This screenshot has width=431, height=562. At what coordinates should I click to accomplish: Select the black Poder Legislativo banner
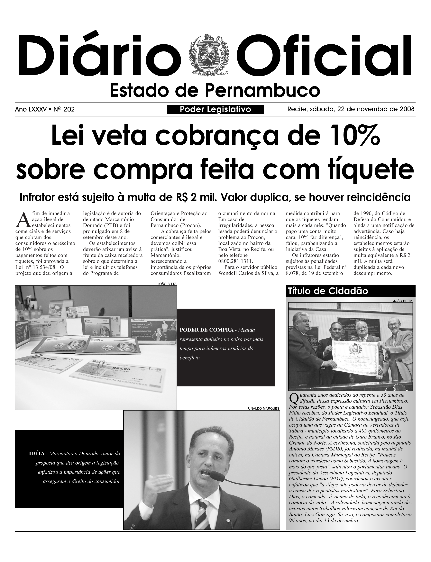[x=215, y=110]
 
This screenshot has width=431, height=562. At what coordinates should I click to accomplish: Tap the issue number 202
[x=69, y=110]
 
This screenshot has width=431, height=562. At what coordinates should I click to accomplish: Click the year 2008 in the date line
[x=407, y=109]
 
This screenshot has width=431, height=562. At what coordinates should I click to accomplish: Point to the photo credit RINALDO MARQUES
[x=263, y=408]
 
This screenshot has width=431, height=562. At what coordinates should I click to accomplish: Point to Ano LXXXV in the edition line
[x=31, y=110]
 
